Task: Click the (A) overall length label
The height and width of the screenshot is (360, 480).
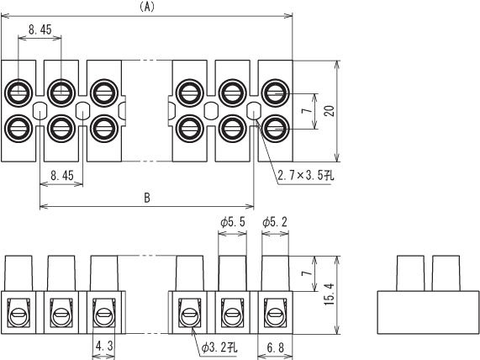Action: coord(147,7)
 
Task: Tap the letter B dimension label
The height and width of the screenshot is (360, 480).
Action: coord(147,198)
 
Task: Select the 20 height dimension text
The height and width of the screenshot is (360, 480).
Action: coord(330,111)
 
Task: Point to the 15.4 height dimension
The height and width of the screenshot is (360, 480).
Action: coord(330,294)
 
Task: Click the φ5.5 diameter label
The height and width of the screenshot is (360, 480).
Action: coord(233,222)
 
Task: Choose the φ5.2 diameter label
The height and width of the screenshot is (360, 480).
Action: coord(275,222)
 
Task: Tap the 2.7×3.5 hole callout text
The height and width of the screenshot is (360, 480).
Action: coord(306,176)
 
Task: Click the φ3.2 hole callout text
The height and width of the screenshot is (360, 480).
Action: coord(219,347)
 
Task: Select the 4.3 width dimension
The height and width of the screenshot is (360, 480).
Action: coord(104,347)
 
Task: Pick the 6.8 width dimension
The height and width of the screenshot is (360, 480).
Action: coord(275,347)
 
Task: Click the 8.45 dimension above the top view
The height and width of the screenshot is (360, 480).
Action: coord(40,29)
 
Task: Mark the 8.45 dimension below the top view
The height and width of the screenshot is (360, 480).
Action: coord(62,176)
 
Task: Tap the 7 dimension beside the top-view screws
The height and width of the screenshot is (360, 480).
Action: coord(308,110)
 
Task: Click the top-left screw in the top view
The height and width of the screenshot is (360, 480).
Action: coord(18,93)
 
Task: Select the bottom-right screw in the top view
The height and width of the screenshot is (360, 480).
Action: coord(275,129)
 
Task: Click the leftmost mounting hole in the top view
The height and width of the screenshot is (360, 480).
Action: coord(40,111)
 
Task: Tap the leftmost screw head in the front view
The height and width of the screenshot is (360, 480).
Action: coord(18,315)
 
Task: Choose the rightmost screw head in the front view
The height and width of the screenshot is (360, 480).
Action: coord(275,315)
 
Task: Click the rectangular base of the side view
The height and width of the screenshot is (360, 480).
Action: coord(428,312)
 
